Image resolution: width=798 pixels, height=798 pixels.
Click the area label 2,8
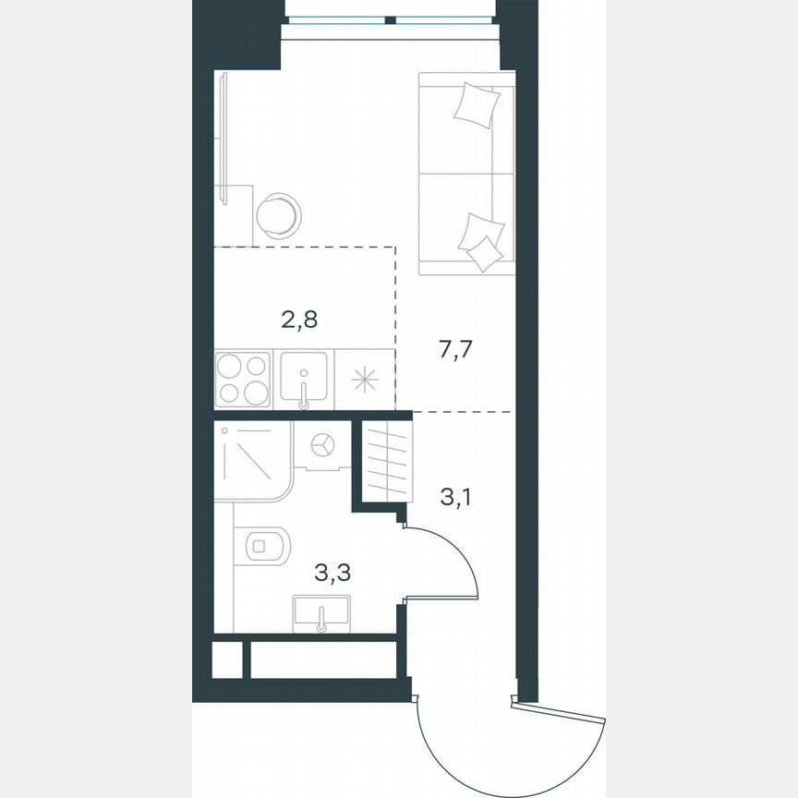[299, 320]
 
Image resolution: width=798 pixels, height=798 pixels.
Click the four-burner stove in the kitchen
[243, 379]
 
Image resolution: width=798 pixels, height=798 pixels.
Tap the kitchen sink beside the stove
[304, 379]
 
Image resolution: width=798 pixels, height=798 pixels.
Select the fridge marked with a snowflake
[364, 379]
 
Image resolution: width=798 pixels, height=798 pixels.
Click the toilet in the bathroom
[266, 545]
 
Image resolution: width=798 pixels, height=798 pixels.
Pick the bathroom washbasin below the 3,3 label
[321, 613]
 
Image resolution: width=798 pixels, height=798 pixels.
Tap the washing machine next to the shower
[321, 445]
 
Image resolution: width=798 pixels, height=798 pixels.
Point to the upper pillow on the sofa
[478, 104]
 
